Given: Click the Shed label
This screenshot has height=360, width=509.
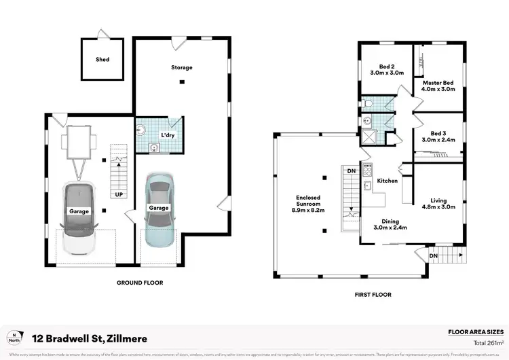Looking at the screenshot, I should [x=102, y=59].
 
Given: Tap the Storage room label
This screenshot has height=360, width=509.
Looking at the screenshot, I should [x=181, y=67].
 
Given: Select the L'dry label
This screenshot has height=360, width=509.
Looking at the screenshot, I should [x=168, y=136].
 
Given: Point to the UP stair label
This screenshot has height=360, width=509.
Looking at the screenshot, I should [x=119, y=194].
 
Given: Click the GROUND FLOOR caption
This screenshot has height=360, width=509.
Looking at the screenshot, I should [x=140, y=283].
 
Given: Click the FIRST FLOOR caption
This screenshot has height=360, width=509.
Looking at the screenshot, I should [x=373, y=295].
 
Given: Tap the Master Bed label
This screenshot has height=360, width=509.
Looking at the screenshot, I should [x=438, y=86].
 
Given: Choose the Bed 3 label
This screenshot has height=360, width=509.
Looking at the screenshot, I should [x=438, y=136].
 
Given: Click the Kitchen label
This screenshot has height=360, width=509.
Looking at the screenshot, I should [x=387, y=181].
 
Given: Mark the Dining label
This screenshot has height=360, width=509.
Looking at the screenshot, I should [x=390, y=224].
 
